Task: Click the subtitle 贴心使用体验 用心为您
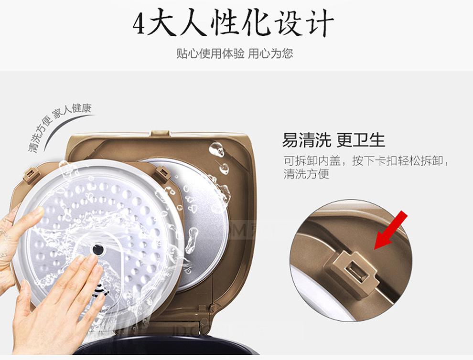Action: [x=235, y=53]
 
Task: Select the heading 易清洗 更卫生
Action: [x=333, y=140]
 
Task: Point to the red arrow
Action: [x=391, y=230]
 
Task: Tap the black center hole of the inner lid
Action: [x=97, y=249]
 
